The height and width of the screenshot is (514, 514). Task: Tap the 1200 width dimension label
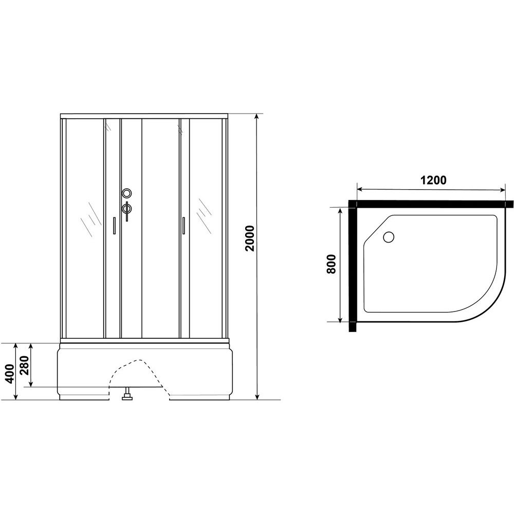pos(433,180)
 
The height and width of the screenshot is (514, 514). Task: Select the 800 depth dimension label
pos(332,264)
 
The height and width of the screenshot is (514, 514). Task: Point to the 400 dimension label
pos(10,373)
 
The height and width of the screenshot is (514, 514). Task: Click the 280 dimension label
pos(25,365)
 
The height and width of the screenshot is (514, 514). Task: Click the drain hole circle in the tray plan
pos(389,237)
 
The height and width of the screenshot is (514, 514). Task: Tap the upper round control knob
pos(127,193)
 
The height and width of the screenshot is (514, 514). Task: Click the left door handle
pos(114,225)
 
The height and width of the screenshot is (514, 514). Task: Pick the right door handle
pos(183,225)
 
